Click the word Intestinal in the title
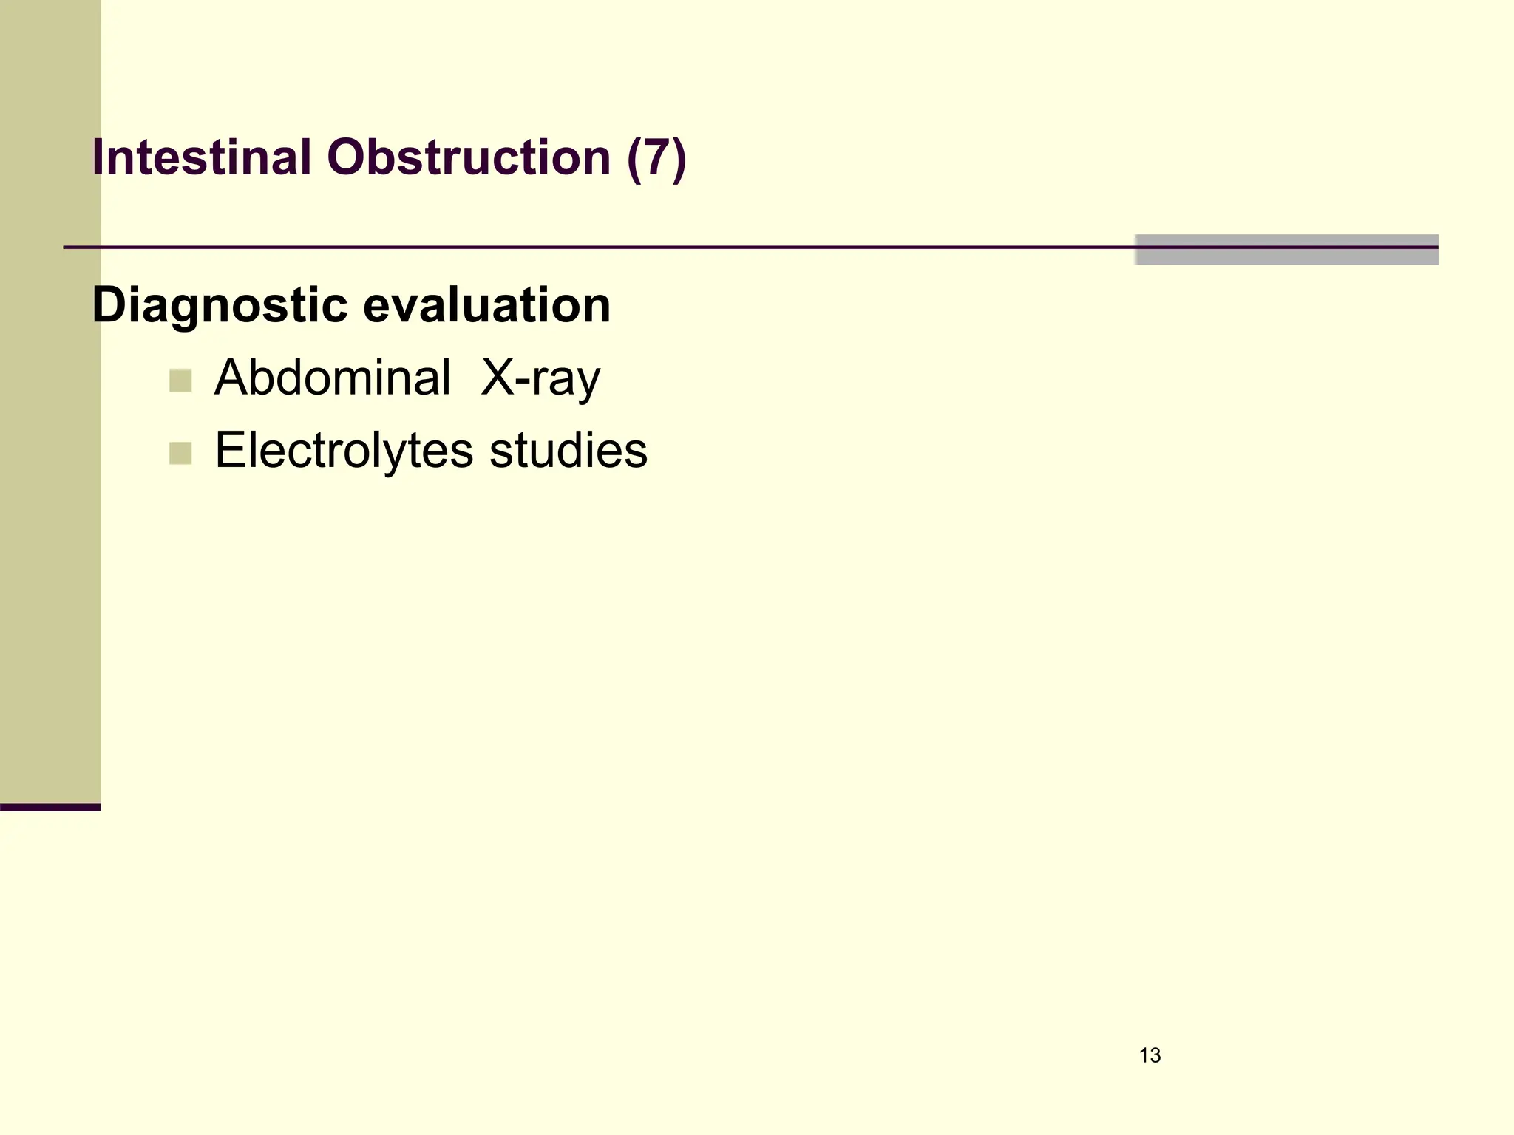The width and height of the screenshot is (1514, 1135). (201, 157)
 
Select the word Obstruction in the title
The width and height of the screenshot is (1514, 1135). (469, 157)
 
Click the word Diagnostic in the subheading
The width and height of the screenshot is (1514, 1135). (220, 305)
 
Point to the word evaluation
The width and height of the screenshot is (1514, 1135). (487, 305)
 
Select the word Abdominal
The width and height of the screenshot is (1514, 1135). (332, 378)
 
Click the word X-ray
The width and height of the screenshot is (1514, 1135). (540, 378)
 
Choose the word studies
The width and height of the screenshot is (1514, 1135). (568, 450)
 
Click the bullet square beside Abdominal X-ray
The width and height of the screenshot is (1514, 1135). (180, 381)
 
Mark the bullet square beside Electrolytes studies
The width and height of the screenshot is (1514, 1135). (180, 453)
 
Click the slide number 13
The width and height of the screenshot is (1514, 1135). (1150, 1055)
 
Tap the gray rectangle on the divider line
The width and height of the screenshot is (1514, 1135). (1286, 250)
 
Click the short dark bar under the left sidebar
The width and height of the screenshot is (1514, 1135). (50, 807)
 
